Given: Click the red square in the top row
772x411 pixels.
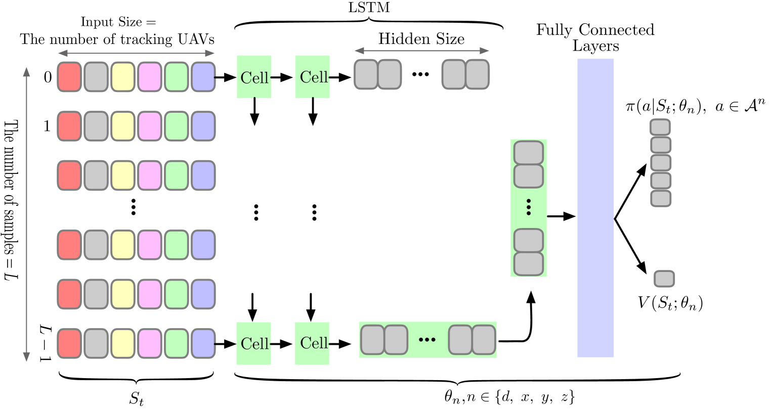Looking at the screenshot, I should (x=69, y=77).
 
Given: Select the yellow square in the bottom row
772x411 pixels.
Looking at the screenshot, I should (x=123, y=344).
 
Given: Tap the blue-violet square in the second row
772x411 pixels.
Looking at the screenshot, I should (x=203, y=126).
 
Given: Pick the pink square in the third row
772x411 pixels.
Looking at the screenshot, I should (x=150, y=175).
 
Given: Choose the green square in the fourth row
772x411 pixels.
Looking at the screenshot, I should (x=177, y=245).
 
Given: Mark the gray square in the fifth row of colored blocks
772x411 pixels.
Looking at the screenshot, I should (x=96, y=294).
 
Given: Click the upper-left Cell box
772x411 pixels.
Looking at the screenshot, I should (x=254, y=77).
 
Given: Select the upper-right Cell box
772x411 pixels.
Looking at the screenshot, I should (x=312, y=77).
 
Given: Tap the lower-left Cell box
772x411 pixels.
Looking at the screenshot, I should (x=253, y=343).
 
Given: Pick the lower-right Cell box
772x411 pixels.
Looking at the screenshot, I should (x=312, y=343).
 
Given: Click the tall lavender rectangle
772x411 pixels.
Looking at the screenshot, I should (x=595, y=208).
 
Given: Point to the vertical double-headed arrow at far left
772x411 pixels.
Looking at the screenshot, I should (x=27, y=214).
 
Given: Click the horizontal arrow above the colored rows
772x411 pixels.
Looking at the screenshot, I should (x=137, y=53).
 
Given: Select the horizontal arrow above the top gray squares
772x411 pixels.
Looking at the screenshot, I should (x=421, y=51).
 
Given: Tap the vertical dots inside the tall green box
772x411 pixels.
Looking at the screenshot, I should (x=529, y=207).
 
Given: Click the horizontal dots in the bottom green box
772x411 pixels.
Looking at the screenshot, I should (x=427, y=340).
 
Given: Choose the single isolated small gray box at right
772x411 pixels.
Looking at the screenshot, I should (x=664, y=279).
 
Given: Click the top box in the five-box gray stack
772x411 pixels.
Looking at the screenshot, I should (x=660, y=127).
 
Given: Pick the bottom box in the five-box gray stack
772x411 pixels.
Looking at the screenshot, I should (x=660, y=198).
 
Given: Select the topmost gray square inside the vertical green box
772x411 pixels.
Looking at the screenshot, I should (x=529, y=153).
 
